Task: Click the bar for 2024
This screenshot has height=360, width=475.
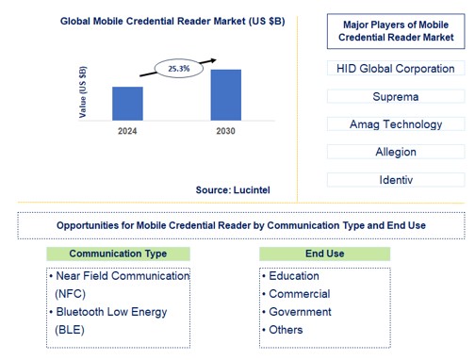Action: (x=127, y=103)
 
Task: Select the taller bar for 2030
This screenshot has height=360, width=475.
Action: (x=225, y=94)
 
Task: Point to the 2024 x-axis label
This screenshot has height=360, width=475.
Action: (x=127, y=130)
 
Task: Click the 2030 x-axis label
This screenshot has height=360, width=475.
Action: (x=225, y=130)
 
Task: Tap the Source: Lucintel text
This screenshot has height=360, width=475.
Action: (x=232, y=189)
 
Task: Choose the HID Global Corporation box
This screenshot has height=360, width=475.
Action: (x=396, y=69)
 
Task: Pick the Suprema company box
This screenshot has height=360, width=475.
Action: (x=396, y=96)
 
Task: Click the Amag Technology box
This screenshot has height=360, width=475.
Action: (x=396, y=124)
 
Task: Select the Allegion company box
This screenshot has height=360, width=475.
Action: (x=396, y=152)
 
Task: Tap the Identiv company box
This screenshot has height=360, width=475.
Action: (x=396, y=179)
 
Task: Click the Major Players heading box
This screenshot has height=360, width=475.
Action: (x=396, y=30)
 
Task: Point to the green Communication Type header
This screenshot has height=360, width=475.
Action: (x=119, y=254)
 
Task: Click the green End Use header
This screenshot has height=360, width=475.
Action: (x=324, y=254)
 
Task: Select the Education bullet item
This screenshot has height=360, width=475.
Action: (x=293, y=276)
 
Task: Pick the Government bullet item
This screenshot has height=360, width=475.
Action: (x=299, y=312)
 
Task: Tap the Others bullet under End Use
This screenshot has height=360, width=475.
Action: (x=286, y=330)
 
